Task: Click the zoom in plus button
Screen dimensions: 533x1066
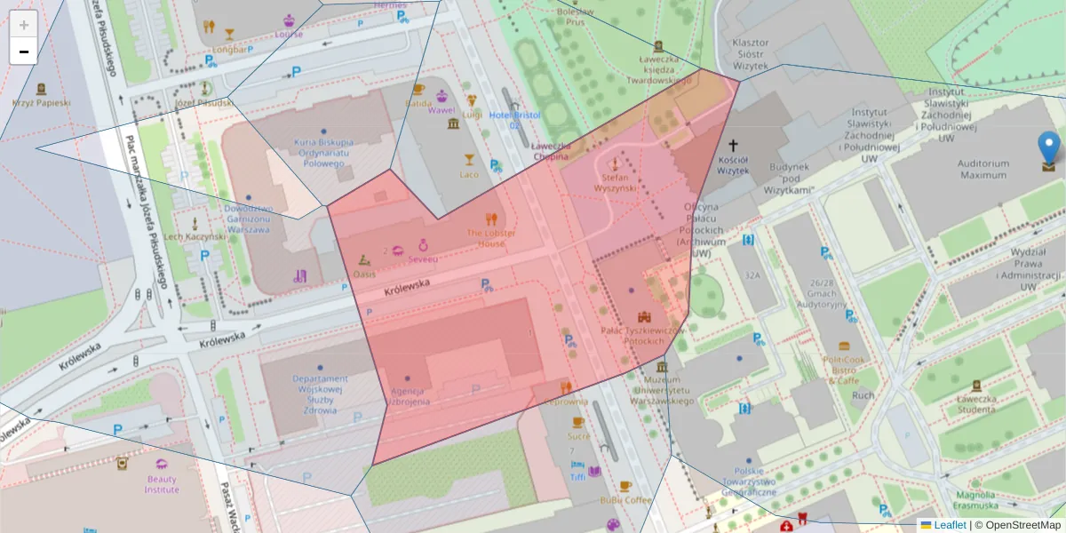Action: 24,24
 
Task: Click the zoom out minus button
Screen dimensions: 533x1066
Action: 24,52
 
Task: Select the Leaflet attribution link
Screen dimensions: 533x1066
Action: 950,525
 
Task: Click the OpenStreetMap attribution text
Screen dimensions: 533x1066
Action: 1017,525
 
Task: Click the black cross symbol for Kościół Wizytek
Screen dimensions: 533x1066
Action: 733,145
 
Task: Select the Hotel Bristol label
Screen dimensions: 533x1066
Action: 513,120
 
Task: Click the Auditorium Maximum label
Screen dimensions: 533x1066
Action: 982,169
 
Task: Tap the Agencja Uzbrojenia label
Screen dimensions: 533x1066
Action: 408,396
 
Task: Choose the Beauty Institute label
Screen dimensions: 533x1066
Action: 163,484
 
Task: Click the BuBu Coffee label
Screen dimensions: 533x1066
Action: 625,500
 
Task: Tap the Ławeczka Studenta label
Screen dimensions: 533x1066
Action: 975,403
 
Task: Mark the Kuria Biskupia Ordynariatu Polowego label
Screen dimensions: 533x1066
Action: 323,154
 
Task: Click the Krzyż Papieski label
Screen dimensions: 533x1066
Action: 41,102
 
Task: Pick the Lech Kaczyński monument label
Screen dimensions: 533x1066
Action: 195,237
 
